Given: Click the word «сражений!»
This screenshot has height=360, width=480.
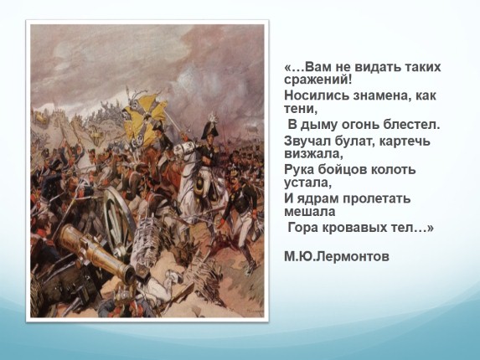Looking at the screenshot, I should coord(317,80).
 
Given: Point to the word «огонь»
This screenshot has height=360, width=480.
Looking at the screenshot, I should coord(356,125).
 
